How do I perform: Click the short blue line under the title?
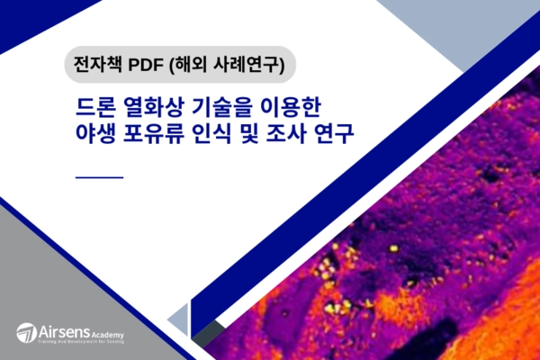pos(100,177)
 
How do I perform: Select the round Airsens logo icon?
pos(25,332)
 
